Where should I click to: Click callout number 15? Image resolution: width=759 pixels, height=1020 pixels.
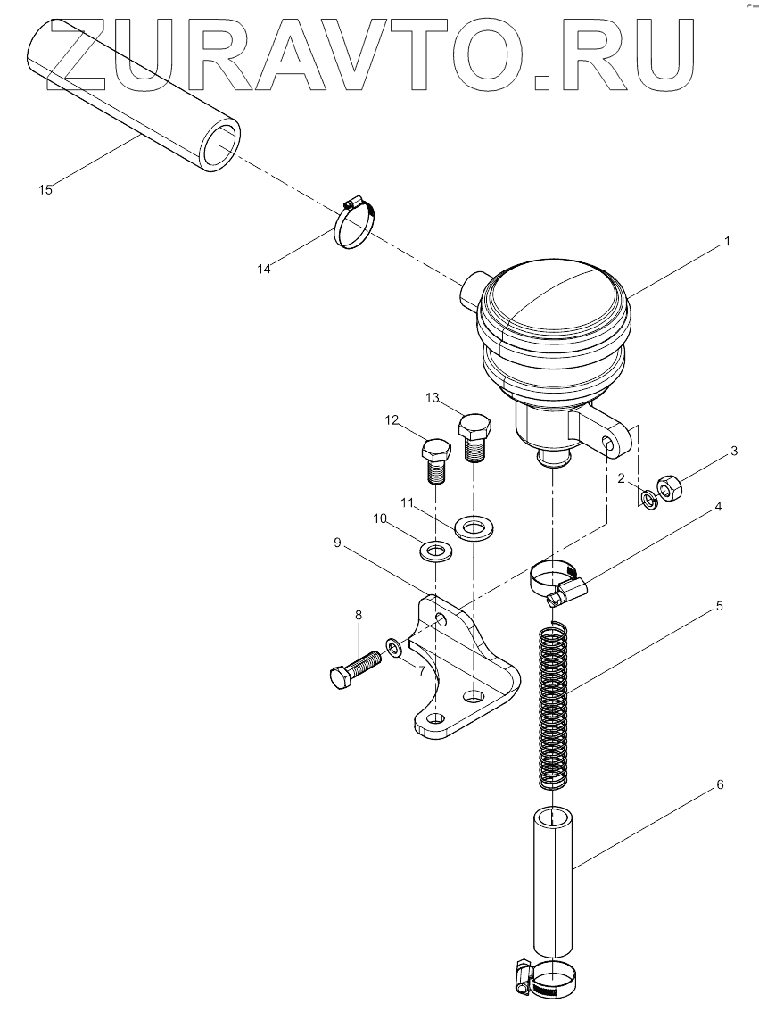pyautogui.click(x=45, y=189)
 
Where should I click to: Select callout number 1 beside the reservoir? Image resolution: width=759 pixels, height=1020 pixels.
pyautogui.click(x=727, y=242)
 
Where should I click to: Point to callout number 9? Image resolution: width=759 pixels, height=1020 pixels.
pyautogui.click(x=338, y=542)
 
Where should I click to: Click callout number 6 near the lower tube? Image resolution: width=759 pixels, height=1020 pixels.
pyautogui.click(x=720, y=785)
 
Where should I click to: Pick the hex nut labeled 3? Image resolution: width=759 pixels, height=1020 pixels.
pyautogui.click(x=669, y=488)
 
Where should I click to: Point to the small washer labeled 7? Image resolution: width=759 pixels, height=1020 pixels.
pyautogui.click(x=393, y=645)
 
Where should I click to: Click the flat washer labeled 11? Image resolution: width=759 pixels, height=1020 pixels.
pyautogui.click(x=473, y=528)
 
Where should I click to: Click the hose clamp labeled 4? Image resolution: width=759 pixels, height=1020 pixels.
pyautogui.click(x=557, y=580)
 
